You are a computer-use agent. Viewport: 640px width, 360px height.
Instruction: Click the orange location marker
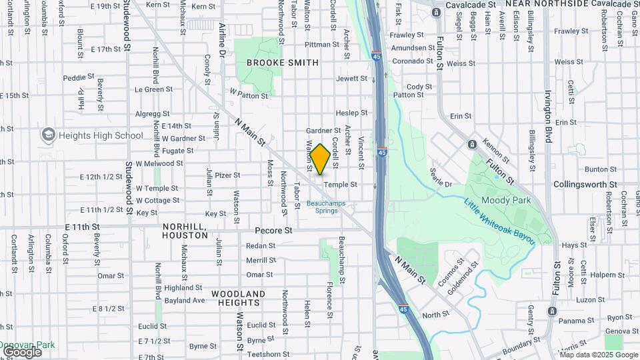[x=320, y=159]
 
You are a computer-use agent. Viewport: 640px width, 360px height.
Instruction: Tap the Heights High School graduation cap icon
[x=48, y=135]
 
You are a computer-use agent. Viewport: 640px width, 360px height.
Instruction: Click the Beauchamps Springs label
[x=322, y=207]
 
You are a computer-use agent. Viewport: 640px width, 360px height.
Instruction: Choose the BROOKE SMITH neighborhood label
[x=282, y=63]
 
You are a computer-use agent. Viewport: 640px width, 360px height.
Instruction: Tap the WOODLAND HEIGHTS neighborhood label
[x=238, y=298]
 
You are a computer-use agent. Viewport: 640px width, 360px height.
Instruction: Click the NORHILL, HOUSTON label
[x=185, y=231]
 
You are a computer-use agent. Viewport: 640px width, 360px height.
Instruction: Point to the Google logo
[x=21, y=352]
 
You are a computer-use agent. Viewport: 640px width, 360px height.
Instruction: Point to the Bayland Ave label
[x=185, y=300]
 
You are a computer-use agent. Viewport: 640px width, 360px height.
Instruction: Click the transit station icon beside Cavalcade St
[x=436, y=12]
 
